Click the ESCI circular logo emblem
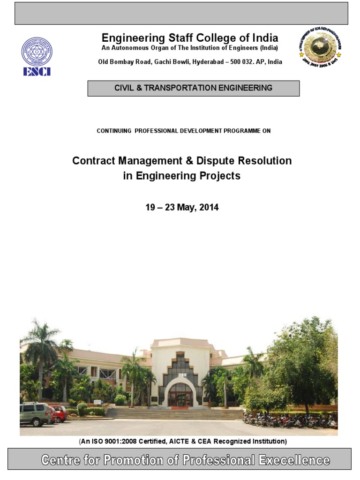click(x=37, y=51)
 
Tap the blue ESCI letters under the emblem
click(x=37, y=72)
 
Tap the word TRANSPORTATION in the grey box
click(x=186, y=88)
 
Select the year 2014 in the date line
click(x=209, y=207)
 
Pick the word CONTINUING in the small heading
click(x=114, y=131)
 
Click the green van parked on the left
click(x=35, y=413)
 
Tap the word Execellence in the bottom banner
click(x=293, y=460)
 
